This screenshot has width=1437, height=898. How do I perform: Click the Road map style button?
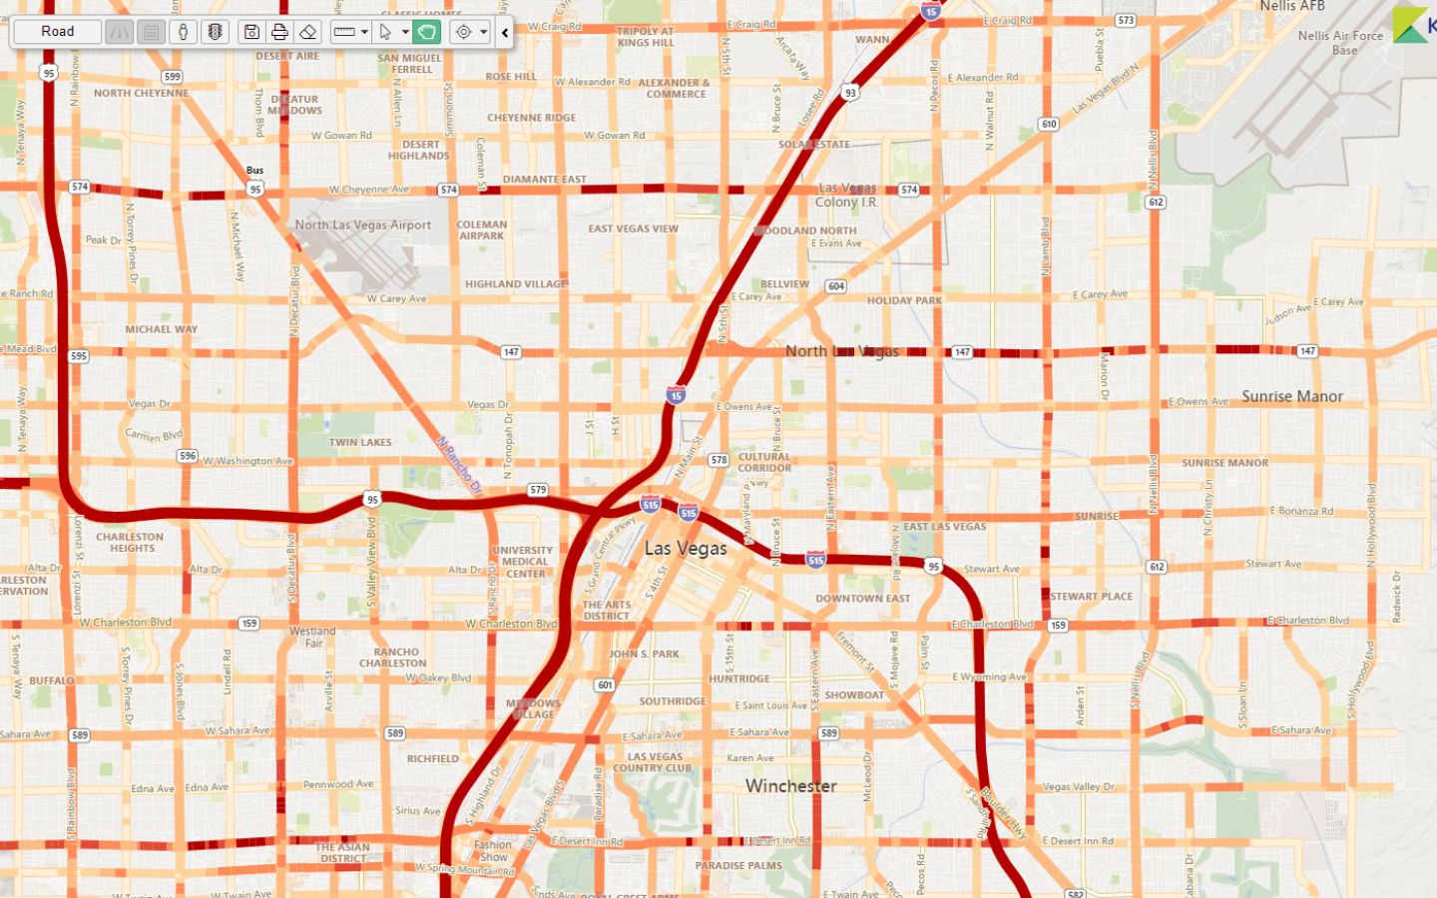(58, 32)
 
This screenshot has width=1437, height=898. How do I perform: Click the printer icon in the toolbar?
(279, 32)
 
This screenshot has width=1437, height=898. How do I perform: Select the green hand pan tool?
(427, 32)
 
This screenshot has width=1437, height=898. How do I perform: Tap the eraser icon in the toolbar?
(308, 32)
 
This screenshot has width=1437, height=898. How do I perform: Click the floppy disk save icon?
(251, 32)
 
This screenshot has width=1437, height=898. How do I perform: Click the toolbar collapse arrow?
(505, 32)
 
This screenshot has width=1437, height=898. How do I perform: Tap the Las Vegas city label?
(686, 548)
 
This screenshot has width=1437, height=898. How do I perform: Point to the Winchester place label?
(790, 786)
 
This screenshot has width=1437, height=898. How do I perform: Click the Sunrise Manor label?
(1292, 396)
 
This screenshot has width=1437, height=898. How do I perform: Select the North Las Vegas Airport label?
(363, 225)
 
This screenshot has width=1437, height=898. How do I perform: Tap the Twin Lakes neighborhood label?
(360, 442)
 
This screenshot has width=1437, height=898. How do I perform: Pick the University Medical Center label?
(523, 562)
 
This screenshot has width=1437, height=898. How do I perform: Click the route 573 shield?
(1126, 20)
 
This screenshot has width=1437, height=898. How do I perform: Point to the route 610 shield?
(1048, 125)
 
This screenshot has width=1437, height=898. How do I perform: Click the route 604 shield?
(836, 286)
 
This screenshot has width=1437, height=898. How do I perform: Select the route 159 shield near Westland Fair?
(248, 624)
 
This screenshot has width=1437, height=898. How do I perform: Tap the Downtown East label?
(863, 599)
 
